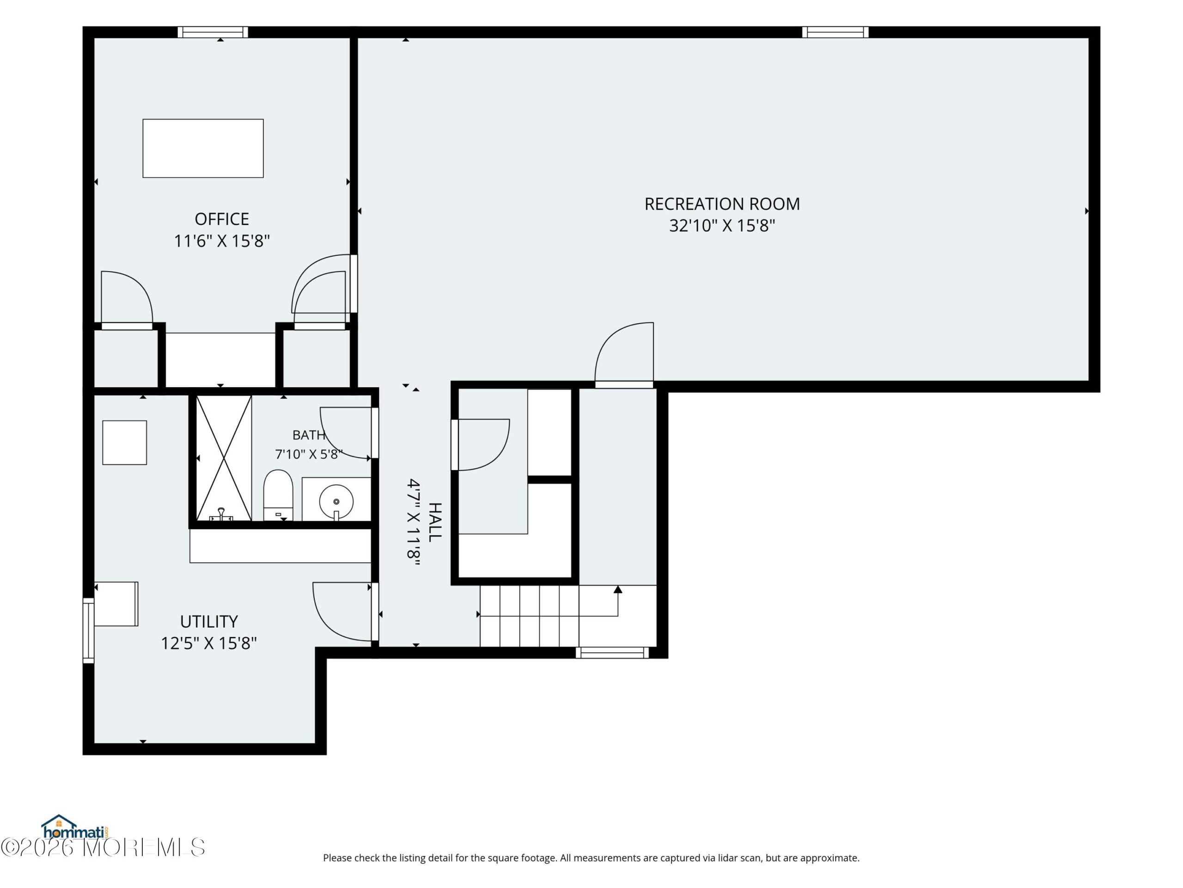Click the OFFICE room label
[x=221, y=219]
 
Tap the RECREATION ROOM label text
[x=722, y=204]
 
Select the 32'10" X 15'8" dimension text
[x=722, y=226]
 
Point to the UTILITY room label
[x=208, y=622]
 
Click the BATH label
[x=309, y=435]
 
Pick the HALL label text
[x=435, y=522]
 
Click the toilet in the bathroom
[x=278, y=495]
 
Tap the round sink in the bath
[x=336, y=501]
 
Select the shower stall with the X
[x=224, y=458]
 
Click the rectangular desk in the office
[x=203, y=148]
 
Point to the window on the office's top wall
[x=213, y=32]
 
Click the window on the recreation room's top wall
[x=835, y=32]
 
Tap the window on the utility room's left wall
[x=88, y=630]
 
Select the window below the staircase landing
[x=612, y=653]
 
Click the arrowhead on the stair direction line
[x=618, y=589]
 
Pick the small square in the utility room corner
[x=125, y=443]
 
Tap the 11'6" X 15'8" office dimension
[x=221, y=241]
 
